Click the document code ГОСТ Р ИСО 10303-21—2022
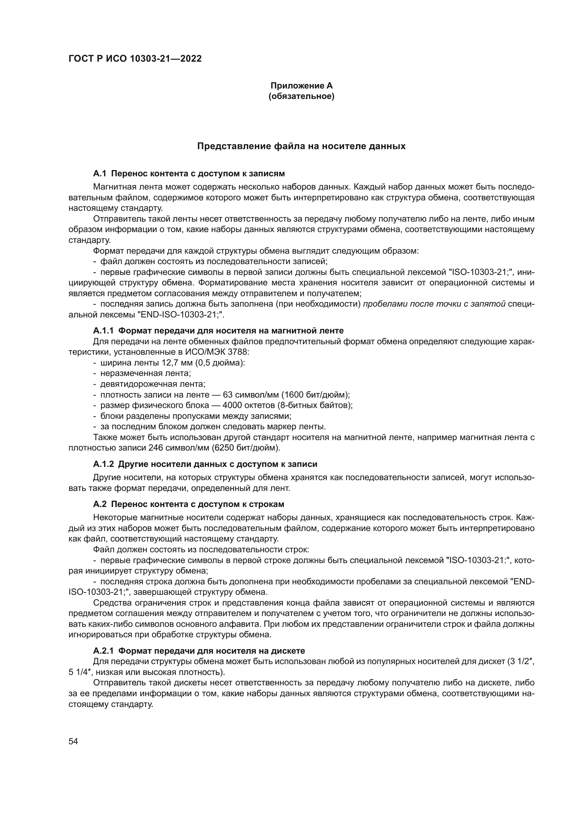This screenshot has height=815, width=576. click(x=135, y=59)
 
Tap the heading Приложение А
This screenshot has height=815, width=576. click(x=302, y=86)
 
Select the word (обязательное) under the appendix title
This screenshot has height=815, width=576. click(x=302, y=96)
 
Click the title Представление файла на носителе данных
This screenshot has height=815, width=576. click(x=301, y=146)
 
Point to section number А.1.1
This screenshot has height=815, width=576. click(x=103, y=331)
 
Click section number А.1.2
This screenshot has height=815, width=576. click(x=103, y=464)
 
